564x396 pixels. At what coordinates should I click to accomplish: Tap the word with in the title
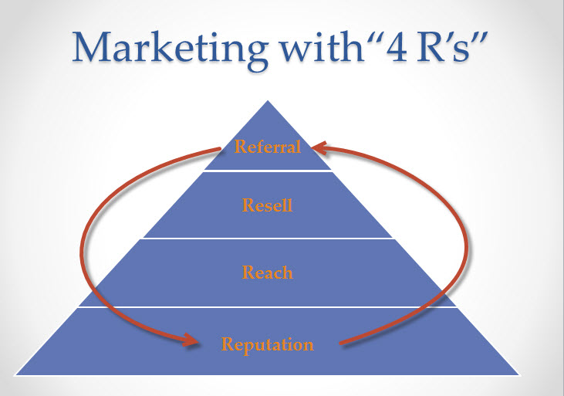point(323,47)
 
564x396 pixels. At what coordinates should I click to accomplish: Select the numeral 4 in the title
point(397,47)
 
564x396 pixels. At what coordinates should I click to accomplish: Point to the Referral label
point(267,147)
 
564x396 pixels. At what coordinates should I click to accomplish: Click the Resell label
point(267,205)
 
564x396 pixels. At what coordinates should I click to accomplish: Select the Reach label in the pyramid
point(267,272)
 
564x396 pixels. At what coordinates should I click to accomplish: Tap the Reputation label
point(267,344)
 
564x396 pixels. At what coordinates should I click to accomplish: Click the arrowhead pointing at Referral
point(319,147)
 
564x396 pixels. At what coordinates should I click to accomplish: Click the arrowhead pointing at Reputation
point(191,340)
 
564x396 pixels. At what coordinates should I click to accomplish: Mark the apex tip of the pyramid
point(268,100)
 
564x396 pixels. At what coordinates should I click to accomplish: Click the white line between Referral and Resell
point(267,171)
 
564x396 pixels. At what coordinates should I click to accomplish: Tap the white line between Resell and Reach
point(268,239)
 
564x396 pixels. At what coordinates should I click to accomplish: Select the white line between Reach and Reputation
point(267,307)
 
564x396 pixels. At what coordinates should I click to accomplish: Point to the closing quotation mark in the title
point(480,38)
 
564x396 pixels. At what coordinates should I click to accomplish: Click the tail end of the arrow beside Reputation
point(341,344)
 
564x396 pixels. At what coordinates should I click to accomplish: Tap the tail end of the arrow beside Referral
point(219,148)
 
